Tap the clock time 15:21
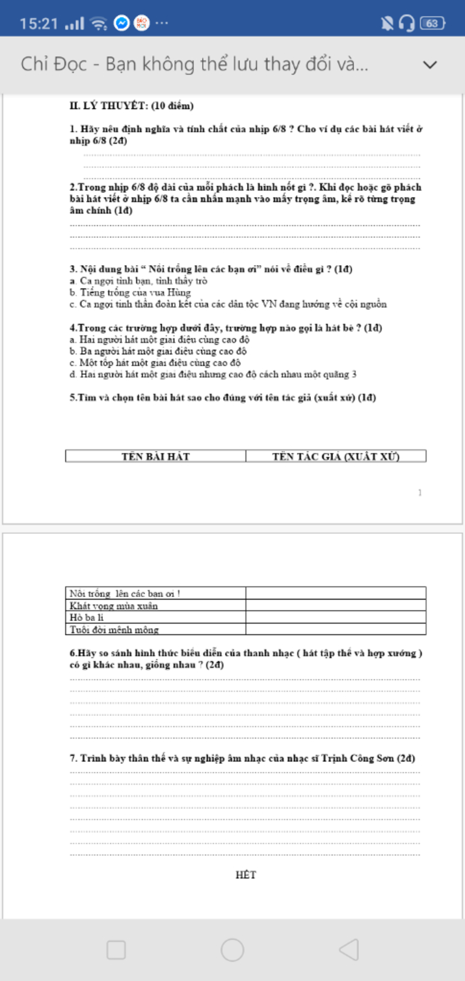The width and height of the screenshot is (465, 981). click(39, 24)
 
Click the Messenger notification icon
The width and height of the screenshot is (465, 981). click(121, 23)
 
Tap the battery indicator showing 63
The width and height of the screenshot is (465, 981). click(432, 23)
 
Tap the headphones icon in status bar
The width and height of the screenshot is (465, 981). click(406, 23)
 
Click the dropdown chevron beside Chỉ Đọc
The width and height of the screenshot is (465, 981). click(430, 65)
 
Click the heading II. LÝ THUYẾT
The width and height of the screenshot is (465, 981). click(131, 106)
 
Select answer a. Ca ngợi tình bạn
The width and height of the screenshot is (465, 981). click(139, 281)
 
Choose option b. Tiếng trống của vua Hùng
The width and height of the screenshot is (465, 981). click(130, 293)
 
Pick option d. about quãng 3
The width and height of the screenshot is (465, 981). click(213, 374)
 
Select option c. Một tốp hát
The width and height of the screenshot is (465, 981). click(155, 363)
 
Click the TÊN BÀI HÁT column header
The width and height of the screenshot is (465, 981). click(155, 456)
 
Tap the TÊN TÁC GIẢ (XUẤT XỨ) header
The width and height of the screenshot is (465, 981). click(336, 456)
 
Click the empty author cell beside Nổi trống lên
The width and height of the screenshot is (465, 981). click(336, 594)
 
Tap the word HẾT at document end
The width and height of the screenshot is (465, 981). click(246, 875)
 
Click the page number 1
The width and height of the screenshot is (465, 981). click(420, 493)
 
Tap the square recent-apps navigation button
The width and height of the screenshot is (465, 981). click(116, 949)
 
